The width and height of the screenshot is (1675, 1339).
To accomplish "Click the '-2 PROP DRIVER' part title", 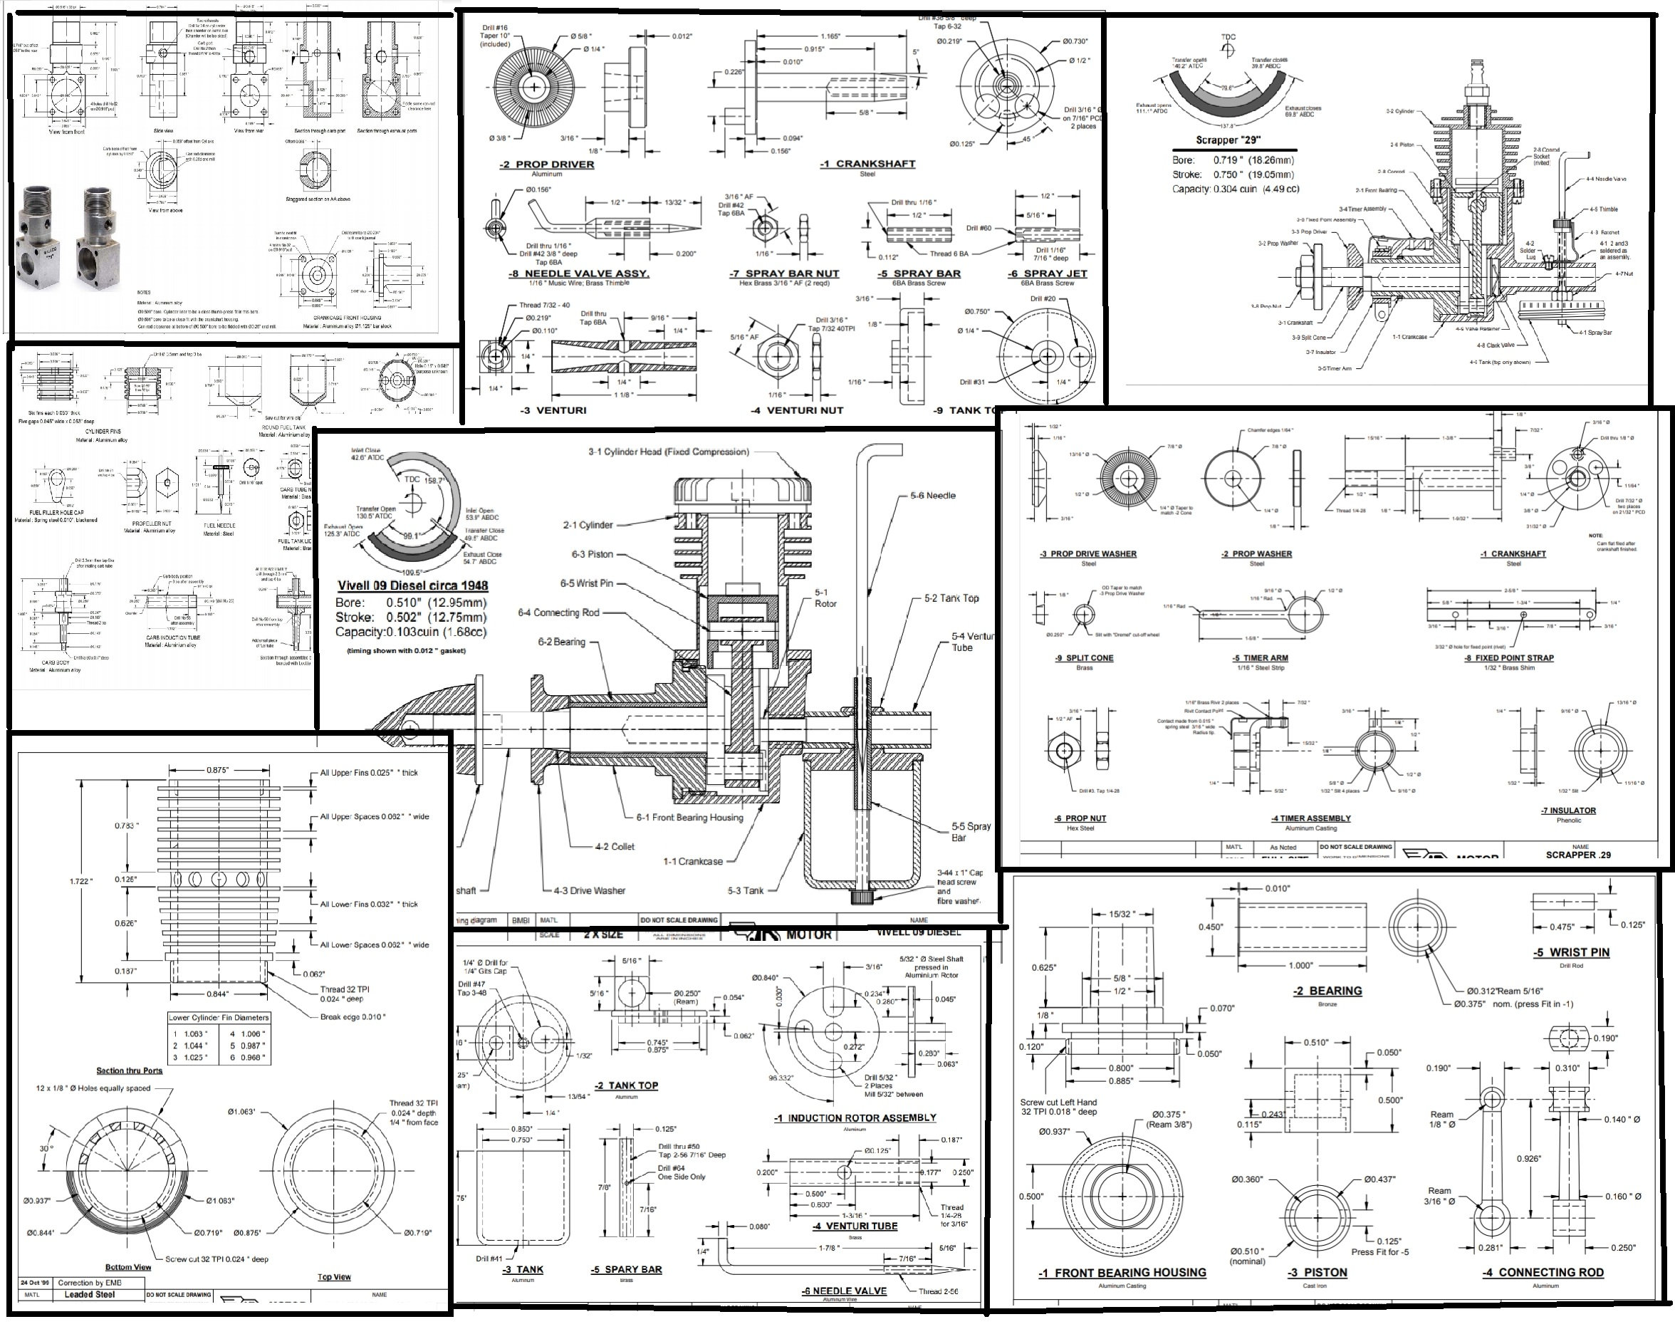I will [547, 165].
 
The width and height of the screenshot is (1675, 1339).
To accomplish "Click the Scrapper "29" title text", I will [1228, 140].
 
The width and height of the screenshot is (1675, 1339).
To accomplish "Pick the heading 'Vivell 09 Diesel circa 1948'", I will [412, 586].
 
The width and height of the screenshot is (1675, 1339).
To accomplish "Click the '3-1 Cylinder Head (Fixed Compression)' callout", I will [668, 452].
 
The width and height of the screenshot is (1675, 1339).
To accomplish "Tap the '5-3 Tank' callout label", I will [745, 890].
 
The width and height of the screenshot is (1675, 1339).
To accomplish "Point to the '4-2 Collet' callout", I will [615, 846].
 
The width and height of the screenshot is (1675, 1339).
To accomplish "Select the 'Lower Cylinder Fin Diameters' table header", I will [220, 1017].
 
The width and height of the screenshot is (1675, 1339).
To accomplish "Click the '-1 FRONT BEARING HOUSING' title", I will [1122, 1273].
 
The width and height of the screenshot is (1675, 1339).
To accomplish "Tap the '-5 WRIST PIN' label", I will [1571, 952].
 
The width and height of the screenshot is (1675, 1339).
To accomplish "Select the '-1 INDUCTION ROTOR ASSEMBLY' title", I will [855, 1117].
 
